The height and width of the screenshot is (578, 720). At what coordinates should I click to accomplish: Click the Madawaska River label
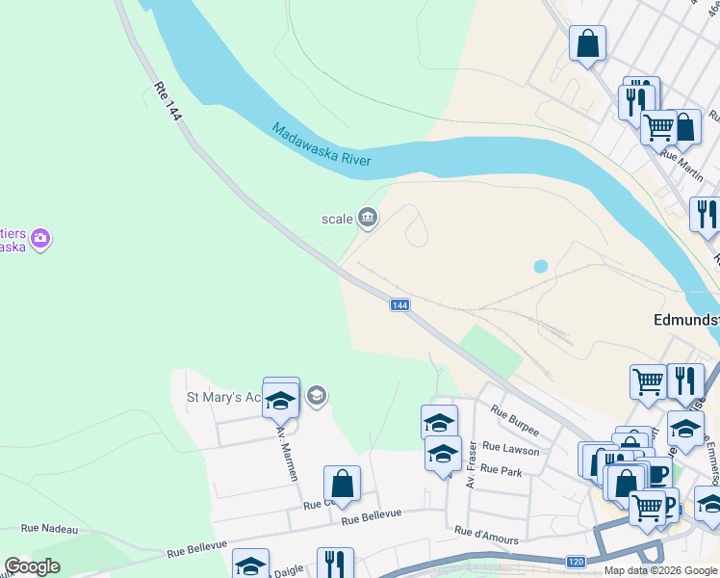[x=321, y=144]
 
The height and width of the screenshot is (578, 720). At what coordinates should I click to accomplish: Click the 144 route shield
[x=401, y=304]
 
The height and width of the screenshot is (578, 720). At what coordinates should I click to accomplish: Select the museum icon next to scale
[x=367, y=219]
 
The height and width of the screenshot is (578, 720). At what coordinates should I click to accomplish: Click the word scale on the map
[x=337, y=219]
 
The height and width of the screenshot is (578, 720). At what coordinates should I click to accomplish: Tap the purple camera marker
[x=39, y=238]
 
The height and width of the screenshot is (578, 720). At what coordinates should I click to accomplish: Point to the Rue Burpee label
[x=514, y=420]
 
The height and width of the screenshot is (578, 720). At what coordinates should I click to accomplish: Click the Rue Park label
[x=501, y=470]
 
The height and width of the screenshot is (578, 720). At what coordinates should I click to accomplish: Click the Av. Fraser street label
[x=472, y=463]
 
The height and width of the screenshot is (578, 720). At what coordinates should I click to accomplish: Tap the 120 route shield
[x=576, y=562]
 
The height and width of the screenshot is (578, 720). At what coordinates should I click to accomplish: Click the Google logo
[x=32, y=566]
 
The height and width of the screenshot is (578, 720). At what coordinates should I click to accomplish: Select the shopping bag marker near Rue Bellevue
[x=342, y=485]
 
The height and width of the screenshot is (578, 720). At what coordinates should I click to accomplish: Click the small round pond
[x=540, y=265]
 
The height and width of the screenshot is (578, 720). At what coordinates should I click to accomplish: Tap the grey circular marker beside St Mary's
[x=316, y=396]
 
